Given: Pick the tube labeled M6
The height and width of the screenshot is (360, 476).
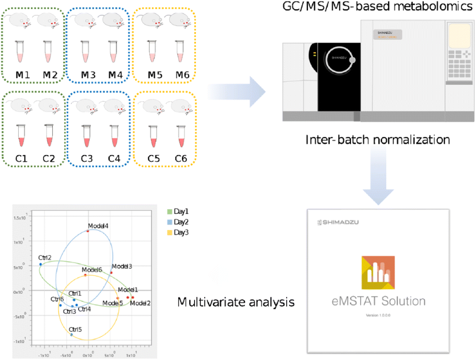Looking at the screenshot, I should point(179,52).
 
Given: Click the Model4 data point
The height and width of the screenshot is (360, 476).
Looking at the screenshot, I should point(88,231).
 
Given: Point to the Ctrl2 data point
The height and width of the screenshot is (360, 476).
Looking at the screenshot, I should point(41,264).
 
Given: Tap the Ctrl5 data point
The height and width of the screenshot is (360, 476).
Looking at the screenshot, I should point(72,335).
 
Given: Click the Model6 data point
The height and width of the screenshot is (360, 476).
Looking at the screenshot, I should point(85,275).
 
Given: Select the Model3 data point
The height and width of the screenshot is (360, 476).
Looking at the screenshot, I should point(112,273).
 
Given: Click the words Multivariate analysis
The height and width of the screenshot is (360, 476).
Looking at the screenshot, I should point(236,301).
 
